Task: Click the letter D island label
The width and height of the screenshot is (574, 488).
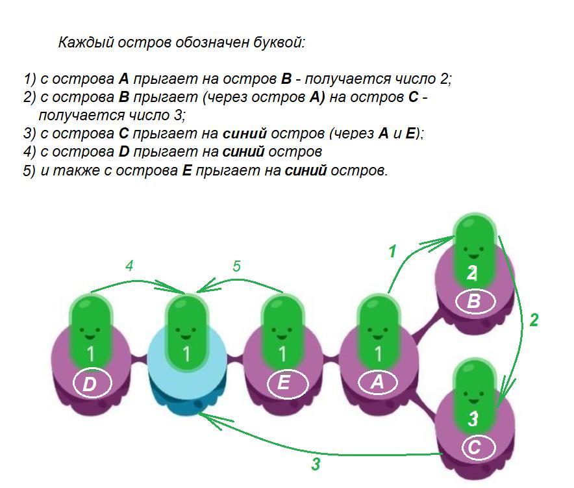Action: coord(90,384)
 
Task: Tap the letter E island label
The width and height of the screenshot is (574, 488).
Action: coord(283,383)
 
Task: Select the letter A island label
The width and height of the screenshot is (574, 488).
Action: coord(378,383)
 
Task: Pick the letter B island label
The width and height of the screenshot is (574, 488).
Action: coord(473,302)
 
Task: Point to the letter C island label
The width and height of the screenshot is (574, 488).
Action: coord(474,447)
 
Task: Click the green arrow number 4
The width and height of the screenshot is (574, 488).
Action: coord(129,266)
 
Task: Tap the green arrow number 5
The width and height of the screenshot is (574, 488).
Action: coord(236,266)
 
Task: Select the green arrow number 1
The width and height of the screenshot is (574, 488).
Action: coord(392,251)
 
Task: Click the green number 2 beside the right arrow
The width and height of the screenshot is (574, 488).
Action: coord(534,320)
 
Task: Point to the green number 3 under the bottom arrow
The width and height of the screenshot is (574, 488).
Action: coord(316,464)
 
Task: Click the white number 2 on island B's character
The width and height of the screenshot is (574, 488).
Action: coord(472,274)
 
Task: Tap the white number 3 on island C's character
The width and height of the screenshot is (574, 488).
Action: coord(473,418)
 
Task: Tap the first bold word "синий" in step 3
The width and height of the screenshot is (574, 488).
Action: coord(245,134)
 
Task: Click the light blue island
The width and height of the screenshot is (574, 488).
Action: coord(187,383)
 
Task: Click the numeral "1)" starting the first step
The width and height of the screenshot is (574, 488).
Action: coord(30,79)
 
